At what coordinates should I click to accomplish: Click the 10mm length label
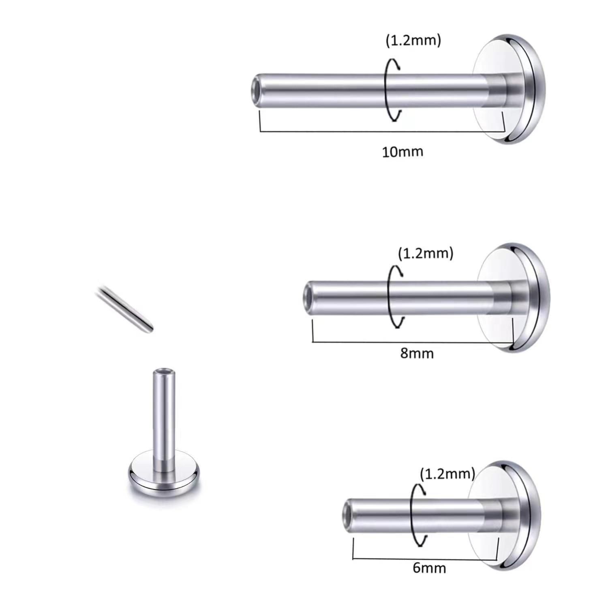tap(402, 152)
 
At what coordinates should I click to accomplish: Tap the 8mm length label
tap(417, 353)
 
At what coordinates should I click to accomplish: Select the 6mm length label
tap(429, 568)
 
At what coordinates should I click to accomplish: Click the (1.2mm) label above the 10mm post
tap(413, 41)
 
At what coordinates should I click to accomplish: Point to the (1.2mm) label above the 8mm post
tap(426, 253)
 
